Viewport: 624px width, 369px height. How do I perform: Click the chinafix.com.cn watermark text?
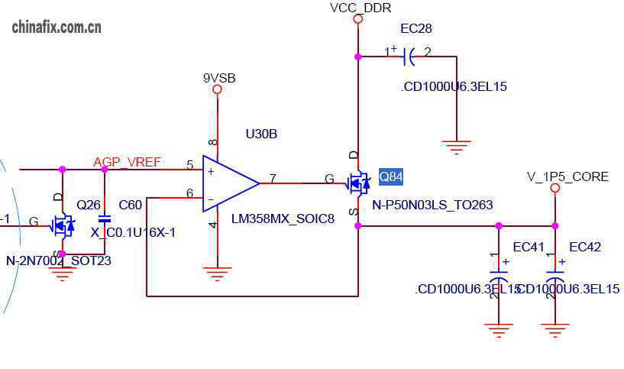point(57,28)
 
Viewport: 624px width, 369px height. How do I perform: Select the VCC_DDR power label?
point(360,8)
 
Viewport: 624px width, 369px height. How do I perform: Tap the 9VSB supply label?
point(219,78)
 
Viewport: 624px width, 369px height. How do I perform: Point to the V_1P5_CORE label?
point(567,176)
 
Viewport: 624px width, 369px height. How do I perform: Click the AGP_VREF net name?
point(127,162)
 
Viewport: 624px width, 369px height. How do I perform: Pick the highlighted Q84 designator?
point(391,177)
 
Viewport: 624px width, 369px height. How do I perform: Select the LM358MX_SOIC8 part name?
point(283,219)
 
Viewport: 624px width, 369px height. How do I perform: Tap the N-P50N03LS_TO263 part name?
point(432,205)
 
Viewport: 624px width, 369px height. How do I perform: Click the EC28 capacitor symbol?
point(408,55)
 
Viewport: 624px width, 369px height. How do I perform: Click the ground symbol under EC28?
point(456,147)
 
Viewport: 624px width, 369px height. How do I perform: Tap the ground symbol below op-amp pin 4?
point(218,273)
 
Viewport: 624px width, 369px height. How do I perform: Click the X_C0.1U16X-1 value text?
point(133,232)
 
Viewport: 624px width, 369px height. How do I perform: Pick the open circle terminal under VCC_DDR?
point(357,19)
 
